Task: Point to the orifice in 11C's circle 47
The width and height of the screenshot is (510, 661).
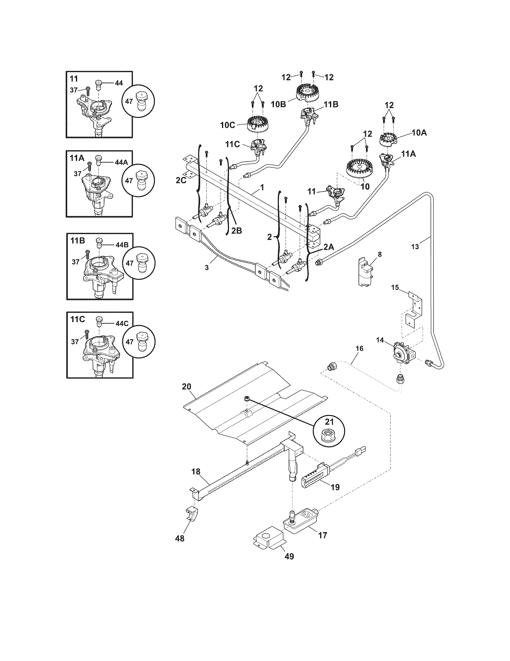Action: point(140,342)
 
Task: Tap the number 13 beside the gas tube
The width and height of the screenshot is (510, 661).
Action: point(415,247)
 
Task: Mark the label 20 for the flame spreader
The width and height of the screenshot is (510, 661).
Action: point(187,386)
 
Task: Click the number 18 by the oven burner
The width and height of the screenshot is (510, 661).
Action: point(196,471)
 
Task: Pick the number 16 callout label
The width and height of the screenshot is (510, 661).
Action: point(359,348)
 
